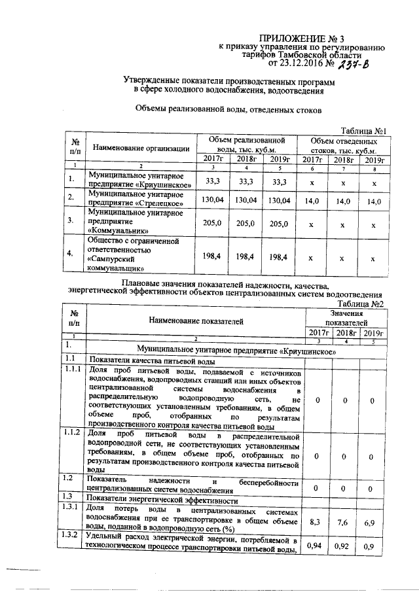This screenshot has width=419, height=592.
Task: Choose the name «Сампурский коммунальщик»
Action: click(120, 263)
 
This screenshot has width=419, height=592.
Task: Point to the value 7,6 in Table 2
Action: click(343, 521)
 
